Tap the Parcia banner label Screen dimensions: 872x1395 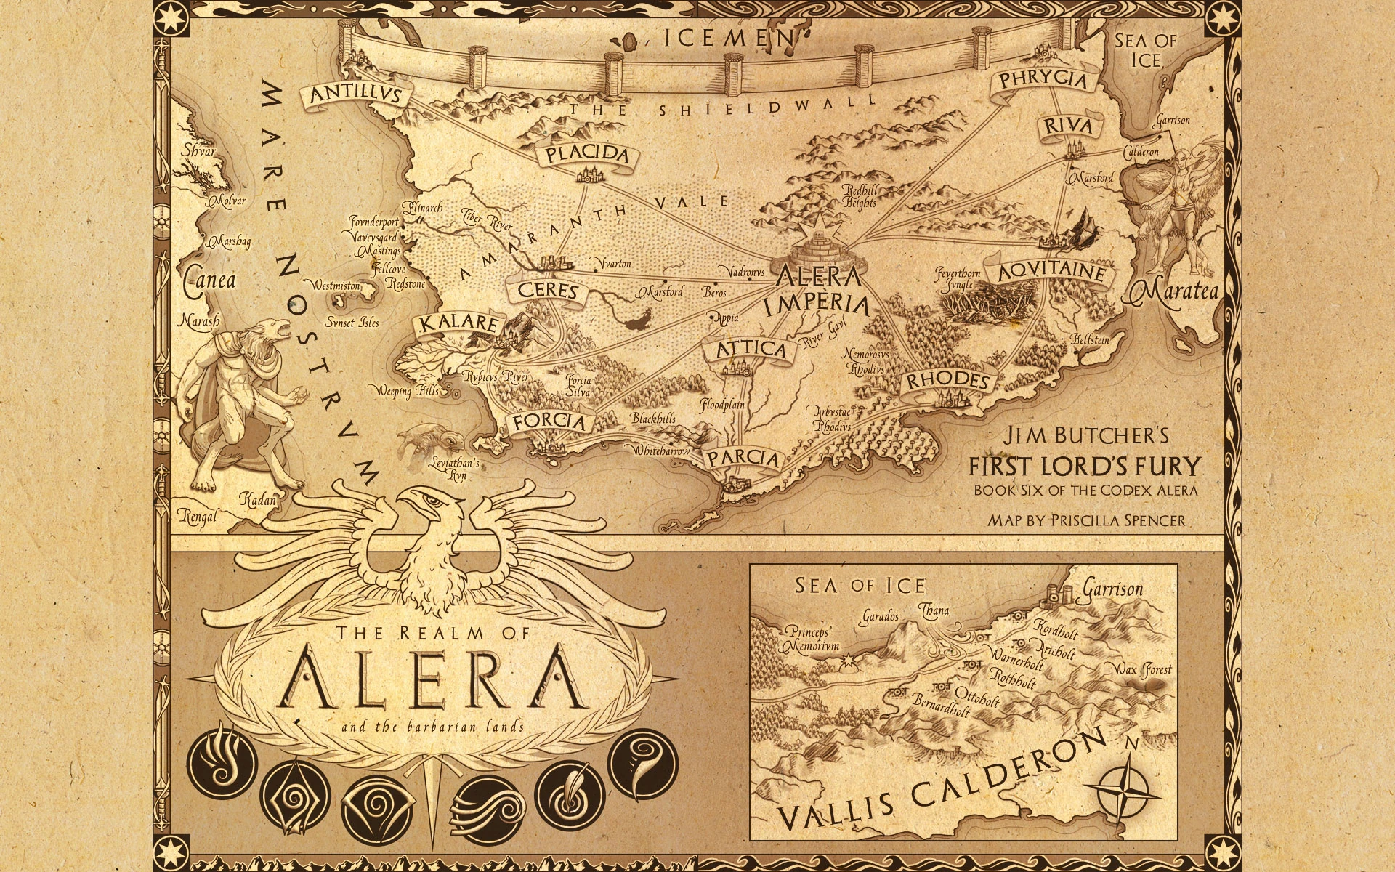click(x=743, y=459)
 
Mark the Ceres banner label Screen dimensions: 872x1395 click(x=548, y=291)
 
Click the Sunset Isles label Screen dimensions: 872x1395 click(x=352, y=323)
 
